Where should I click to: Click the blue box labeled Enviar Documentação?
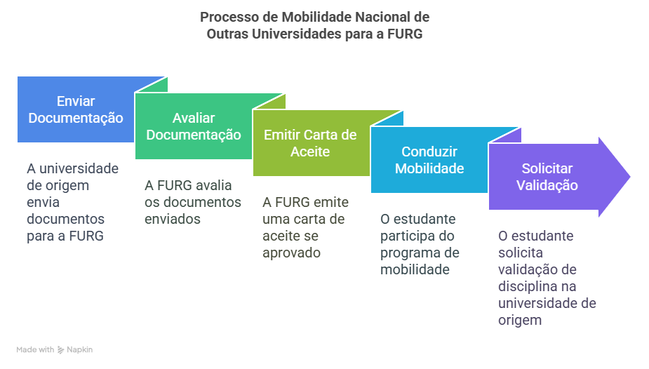(x=76, y=109)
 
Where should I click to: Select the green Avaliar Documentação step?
(x=194, y=126)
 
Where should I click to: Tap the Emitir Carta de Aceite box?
(x=311, y=143)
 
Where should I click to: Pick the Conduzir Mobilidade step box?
(x=429, y=160)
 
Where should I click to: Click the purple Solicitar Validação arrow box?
(x=551, y=177)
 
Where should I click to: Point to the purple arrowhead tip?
(x=630, y=177)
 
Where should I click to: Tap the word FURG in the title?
(x=405, y=34)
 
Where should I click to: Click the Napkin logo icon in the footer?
(x=61, y=350)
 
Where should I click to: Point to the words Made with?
(x=35, y=349)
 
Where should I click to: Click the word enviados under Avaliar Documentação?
(x=173, y=219)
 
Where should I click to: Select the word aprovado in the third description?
(x=291, y=253)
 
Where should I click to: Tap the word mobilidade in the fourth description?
(x=415, y=269)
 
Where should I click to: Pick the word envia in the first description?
(x=44, y=202)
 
